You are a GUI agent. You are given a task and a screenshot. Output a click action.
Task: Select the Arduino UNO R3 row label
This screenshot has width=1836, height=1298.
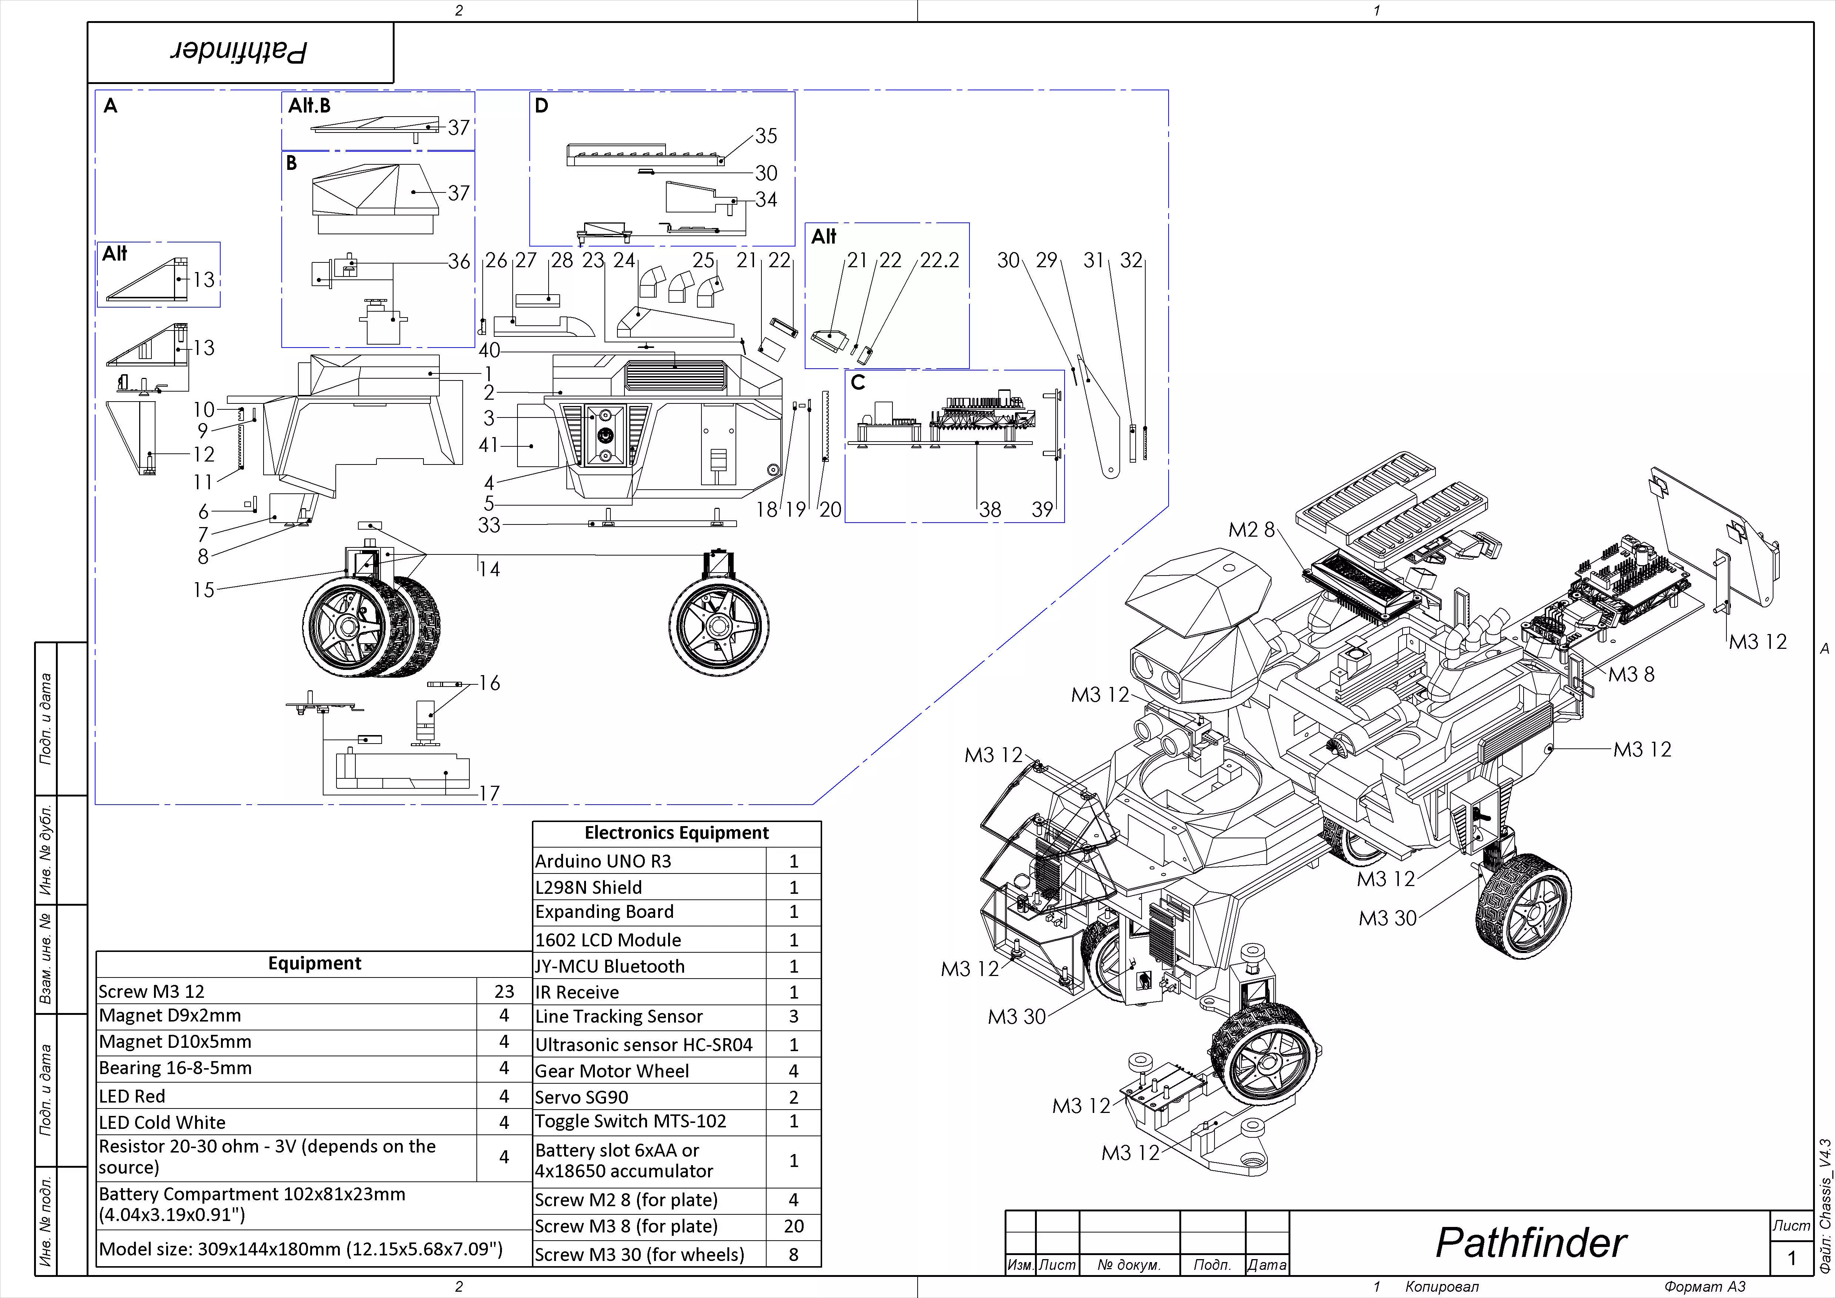603,861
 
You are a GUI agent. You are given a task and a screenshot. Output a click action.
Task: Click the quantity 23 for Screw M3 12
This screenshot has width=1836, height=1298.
504,992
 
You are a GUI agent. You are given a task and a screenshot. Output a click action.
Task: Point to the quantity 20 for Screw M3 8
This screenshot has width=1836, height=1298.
793,1226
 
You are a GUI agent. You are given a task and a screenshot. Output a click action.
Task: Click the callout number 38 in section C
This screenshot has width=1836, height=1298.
990,509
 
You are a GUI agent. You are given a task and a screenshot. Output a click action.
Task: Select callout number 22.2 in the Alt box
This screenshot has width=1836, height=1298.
939,261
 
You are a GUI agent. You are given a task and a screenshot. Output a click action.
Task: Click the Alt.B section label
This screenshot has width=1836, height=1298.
309,105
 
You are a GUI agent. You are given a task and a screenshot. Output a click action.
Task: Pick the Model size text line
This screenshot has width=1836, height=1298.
300,1249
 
